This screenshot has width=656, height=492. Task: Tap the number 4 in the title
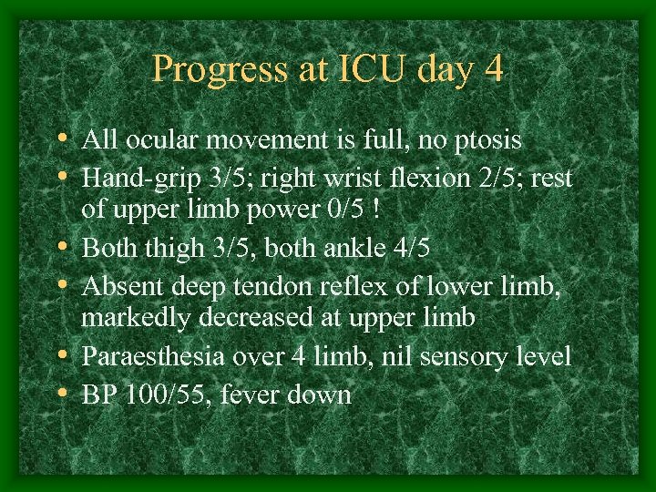[492, 69]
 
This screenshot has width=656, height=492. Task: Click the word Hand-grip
[133, 177]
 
